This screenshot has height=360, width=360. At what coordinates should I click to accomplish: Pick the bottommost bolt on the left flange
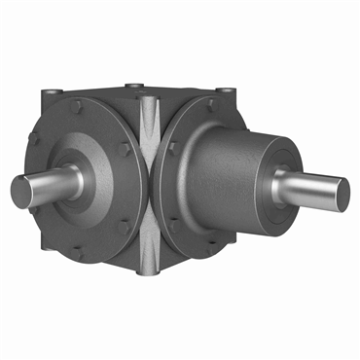pos(78,250)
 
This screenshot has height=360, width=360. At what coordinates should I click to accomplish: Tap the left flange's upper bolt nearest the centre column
pos(127,124)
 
